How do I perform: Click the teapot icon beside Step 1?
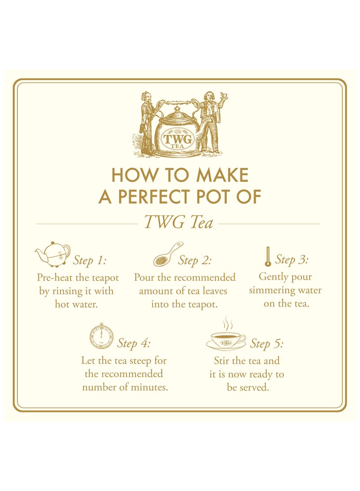pyautogui.click(x=53, y=254)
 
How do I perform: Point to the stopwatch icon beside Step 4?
pyautogui.click(x=101, y=336)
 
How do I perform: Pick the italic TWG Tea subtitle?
pyautogui.click(x=179, y=223)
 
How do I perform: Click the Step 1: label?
pyautogui.click(x=90, y=261)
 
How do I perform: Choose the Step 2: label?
pyautogui.click(x=195, y=260)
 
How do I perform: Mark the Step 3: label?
pyautogui.click(x=292, y=259)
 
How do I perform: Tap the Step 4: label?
pyautogui.click(x=134, y=343)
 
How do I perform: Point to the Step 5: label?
pyautogui.click(x=267, y=344)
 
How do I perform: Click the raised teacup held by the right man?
pyautogui.click(x=223, y=96)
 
